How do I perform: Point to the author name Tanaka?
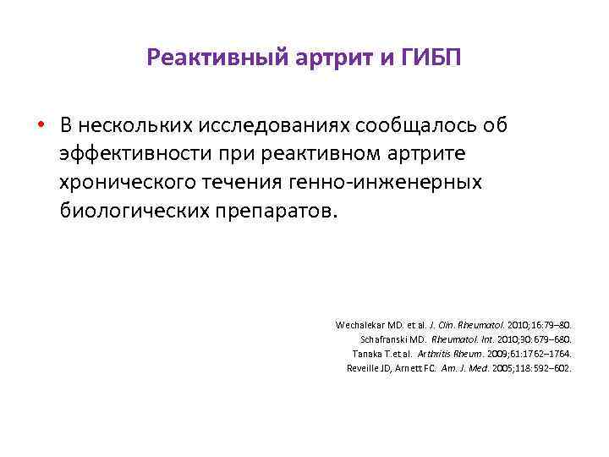(x=368, y=353)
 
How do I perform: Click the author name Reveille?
(x=365, y=367)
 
